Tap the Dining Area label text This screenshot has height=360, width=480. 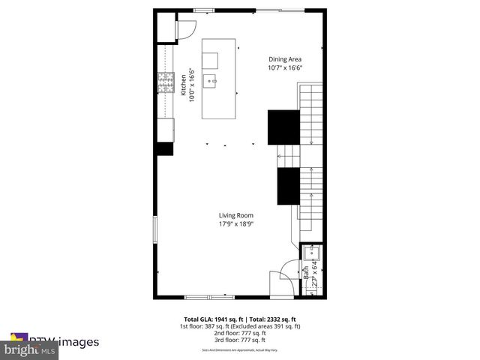pyautogui.click(x=285, y=58)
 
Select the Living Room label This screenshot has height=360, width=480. pyautogui.click(x=235, y=215)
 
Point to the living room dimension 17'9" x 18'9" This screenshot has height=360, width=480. pyautogui.click(x=235, y=223)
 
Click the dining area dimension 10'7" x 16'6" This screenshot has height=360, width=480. pyautogui.click(x=285, y=67)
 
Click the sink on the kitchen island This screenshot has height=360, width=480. pyautogui.click(x=213, y=79)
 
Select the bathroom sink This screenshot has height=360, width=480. pyautogui.click(x=311, y=253)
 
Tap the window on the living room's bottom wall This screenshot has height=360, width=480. pyautogui.click(x=204, y=297)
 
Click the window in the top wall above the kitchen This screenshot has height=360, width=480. pyautogui.click(x=202, y=10)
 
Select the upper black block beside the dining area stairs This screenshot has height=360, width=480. pyautogui.click(x=283, y=127)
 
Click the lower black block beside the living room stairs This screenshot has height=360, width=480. pyautogui.click(x=288, y=186)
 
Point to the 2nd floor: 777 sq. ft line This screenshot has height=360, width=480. pyautogui.click(x=240, y=333)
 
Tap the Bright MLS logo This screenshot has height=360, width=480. pyautogui.click(x=30, y=349)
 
